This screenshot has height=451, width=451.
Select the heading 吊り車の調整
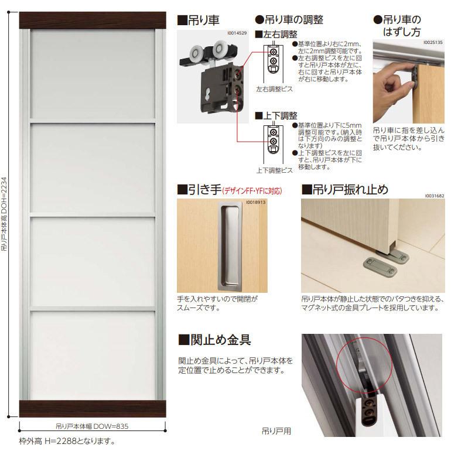(289, 20)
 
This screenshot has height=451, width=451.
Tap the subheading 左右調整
(276, 35)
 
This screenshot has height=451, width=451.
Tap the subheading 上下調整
(276, 115)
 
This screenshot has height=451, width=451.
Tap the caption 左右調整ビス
(274, 89)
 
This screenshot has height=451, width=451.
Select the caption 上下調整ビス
(274, 170)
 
